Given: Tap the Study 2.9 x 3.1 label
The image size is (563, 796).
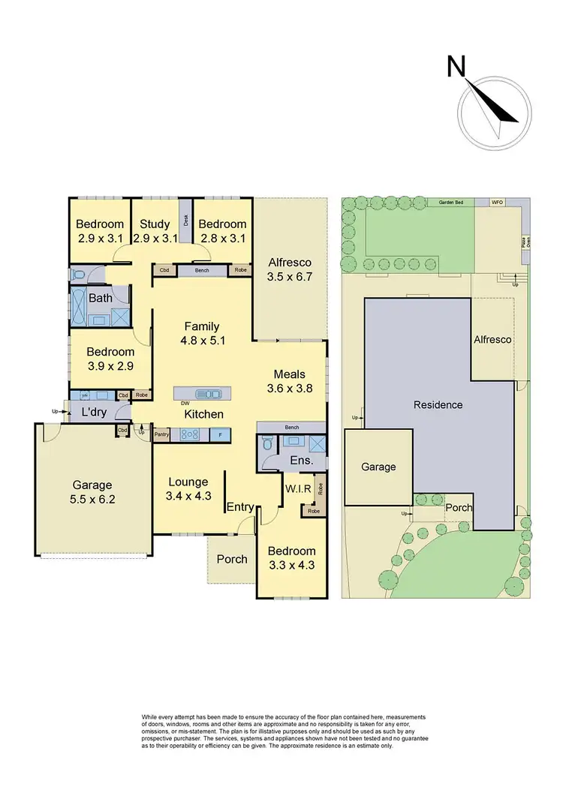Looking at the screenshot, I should [x=155, y=230].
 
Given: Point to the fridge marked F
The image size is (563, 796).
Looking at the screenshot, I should [x=221, y=434].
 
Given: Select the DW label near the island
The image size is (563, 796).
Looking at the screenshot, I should [x=185, y=403].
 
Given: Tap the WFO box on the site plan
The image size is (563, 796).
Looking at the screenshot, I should [x=497, y=203].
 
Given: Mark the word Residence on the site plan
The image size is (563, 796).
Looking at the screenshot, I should [x=438, y=404].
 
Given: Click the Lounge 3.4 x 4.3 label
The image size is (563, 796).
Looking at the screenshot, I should [x=188, y=488].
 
